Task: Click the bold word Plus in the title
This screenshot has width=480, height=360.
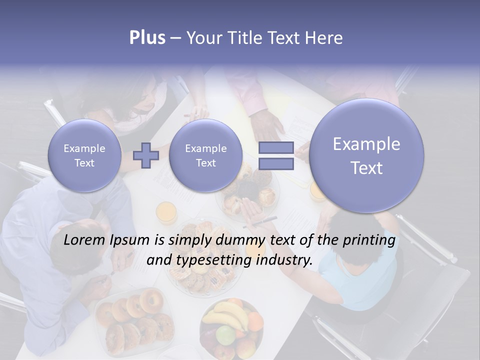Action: tap(147, 38)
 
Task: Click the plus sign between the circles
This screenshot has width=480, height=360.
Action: tap(145, 155)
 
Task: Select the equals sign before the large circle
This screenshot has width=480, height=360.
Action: tap(276, 155)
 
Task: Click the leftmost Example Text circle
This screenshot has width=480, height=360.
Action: tap(84, 155)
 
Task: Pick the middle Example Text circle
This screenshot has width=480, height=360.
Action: tap(205, 155)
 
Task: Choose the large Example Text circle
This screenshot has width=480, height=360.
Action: tap(366, 155)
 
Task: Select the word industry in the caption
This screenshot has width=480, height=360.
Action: tap(286, 260)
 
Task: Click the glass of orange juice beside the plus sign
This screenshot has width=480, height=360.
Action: tap(166, 212)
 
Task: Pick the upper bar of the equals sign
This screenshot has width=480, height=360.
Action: tap(276, 148)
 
